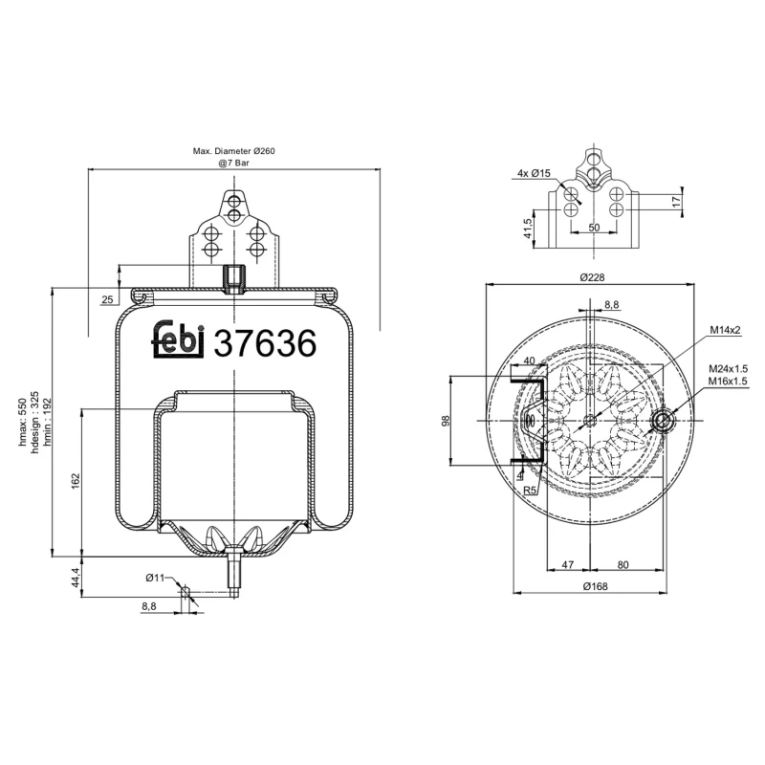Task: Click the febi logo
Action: (180, 339)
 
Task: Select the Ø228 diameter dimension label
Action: (593, 277)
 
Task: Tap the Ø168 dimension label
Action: (593, 587)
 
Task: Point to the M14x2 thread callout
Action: (726, 330)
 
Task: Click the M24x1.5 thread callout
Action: (728, 368)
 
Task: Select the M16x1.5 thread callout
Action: (728, 381)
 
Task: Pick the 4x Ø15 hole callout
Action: (533, 173)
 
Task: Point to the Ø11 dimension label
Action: (156, 578)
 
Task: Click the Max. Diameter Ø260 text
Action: (234, 152)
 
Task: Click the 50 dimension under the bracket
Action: (593, 228)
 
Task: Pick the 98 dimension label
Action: (445, 421)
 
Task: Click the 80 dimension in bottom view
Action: (623, 565)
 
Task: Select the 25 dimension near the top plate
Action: (107, 300)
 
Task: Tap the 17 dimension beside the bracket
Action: (676, 201)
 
